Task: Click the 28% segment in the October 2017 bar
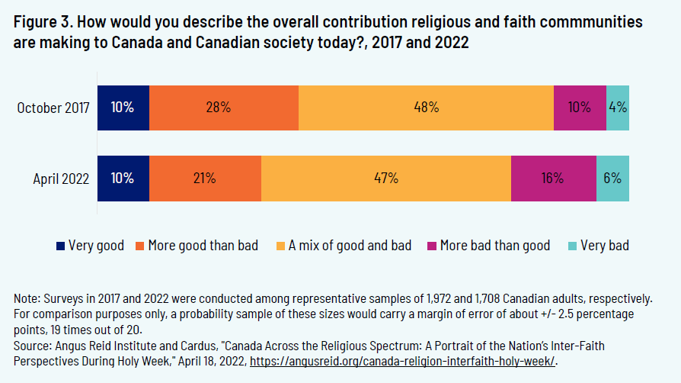[224, 108]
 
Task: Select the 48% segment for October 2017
[426, 108]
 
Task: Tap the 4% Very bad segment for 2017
[618, 108]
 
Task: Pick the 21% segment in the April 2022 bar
[205, 179]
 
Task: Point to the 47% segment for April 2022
[385, 179]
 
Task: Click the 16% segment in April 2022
[553, 179]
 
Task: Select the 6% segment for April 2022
[612, 179]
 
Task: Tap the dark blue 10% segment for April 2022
[123, 179]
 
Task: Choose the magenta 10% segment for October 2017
[580, 108]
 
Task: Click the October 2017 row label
[53, 108]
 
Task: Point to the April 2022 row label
[61, 179]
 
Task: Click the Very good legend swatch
[61, 246]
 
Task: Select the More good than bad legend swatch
[140, 246]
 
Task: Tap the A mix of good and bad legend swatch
[280, 246]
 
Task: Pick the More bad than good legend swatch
[431, 246]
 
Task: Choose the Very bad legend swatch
[573, 246]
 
